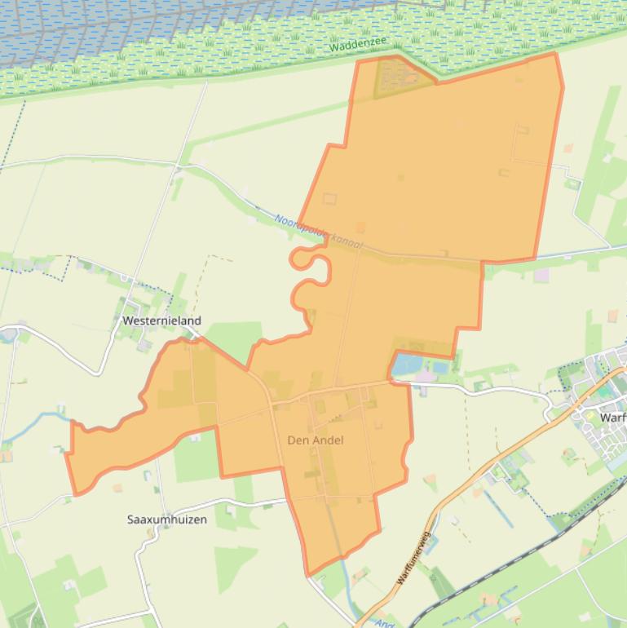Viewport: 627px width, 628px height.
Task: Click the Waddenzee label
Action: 358,44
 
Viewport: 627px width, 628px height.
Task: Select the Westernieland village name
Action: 161,321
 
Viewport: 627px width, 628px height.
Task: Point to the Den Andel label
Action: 315,440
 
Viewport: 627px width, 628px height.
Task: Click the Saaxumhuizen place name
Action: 166,520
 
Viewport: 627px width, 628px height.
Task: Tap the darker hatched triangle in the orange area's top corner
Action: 395,77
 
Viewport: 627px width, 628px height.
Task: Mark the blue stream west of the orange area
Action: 33,424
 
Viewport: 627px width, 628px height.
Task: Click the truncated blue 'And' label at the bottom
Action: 384,623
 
